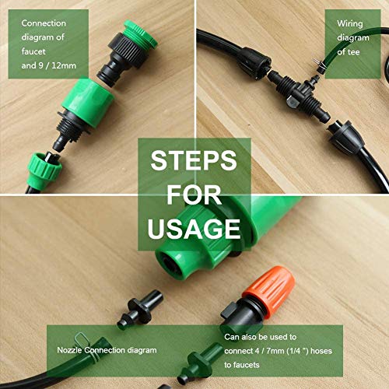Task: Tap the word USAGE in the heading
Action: pos(194,229)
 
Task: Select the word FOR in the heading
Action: pos(194,194)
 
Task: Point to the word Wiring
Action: pos(350,23)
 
